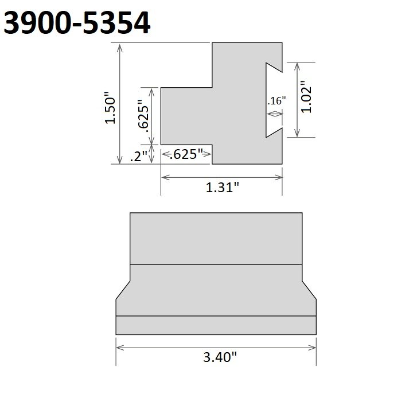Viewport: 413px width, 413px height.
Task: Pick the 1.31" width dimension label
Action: point(222,188)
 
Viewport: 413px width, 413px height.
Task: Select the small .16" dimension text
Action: point(276,101)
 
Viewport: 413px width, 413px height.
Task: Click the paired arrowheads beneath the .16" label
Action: point(276,114)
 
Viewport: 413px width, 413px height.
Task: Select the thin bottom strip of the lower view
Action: point(216,325)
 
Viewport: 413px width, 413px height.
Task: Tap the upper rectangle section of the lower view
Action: point(216,238)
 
